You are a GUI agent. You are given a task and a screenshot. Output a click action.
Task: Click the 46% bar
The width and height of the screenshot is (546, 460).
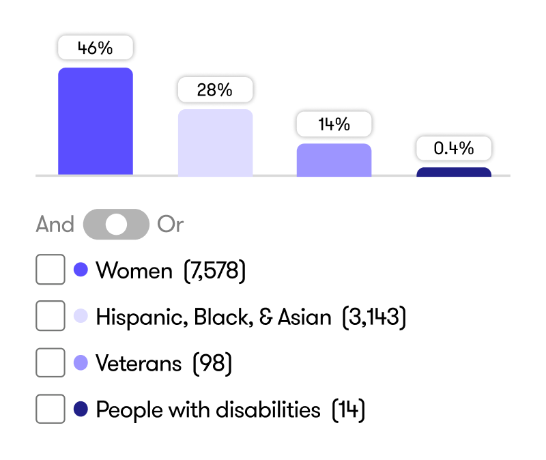pyautogui.click(x=96, y=121)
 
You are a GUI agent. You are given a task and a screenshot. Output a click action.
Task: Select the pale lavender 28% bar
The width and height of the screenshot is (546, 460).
pyautogui.click(x=215, y=143)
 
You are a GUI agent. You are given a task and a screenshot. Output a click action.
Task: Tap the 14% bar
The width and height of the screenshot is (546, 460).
pyautogui.click(x=334, y=160)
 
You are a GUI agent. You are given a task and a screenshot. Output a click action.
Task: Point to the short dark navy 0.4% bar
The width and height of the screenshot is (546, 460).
pyautogui.click(x=454, y=172)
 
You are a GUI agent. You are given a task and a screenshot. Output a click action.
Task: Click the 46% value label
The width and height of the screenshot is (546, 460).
pyautogui.click(x=96, y=48)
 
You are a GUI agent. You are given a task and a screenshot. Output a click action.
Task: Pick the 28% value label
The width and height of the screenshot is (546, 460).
pyautogui.click(x=215, y=90)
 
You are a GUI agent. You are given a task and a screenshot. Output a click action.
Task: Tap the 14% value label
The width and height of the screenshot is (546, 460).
pyautogui.click(x=334, y=124)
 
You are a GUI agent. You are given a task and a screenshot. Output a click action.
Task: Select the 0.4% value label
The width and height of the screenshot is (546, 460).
pyautogui.click(x=454, y=148)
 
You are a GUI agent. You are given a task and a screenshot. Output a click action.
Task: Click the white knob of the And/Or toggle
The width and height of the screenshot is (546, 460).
pyautogui.click(x=116, y=225)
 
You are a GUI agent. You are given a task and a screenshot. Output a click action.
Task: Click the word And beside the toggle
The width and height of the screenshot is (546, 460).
pyautogui.click(x=55, y=224)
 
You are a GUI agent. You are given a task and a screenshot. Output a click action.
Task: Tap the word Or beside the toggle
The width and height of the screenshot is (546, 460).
pyautogui.click(x=170, y=224)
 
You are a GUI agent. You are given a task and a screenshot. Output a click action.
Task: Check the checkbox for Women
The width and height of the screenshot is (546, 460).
pyautogui.click(x=51, y=270)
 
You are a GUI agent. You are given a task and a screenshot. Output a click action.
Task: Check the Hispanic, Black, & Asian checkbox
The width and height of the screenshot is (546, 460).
pyautogui.click(x=51, y=316)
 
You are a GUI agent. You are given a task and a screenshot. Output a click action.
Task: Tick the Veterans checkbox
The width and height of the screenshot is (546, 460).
pyautogui.click(x=51, y=362)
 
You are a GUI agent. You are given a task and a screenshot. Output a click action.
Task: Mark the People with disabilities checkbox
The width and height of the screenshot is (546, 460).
pyautogui.click(x=51, y=409)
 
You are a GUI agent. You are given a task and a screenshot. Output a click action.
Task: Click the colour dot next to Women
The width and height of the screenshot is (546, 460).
pyautogui.click(x=81, y=270)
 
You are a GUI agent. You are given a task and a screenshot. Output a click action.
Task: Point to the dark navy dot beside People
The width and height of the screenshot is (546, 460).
pyautogui.click(x=81, y=409)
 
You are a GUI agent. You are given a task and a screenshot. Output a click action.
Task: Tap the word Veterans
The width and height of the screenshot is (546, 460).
pyautogui.click(x=139, y=363)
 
